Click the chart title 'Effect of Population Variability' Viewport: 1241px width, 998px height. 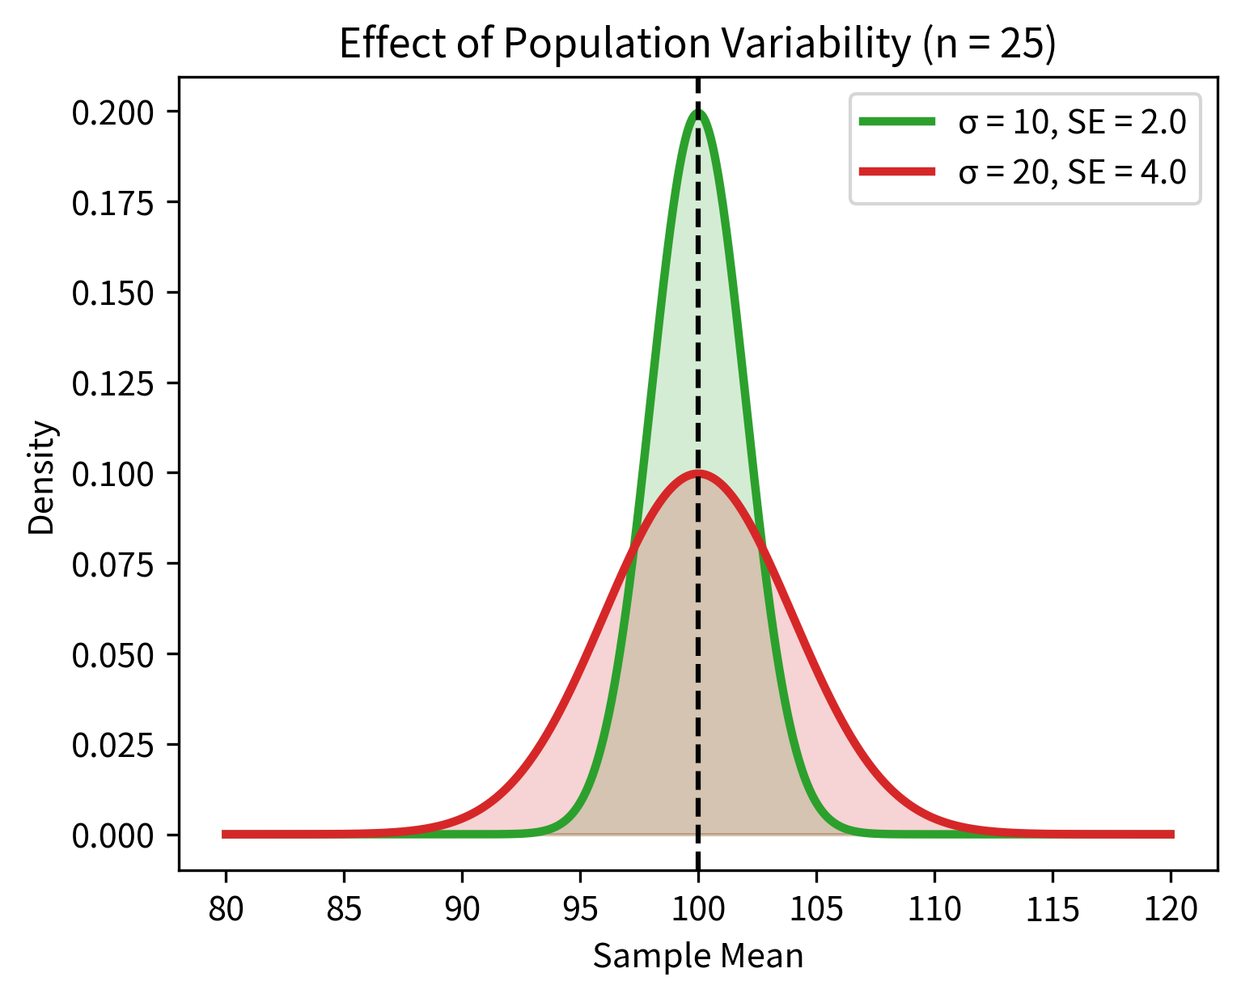[x=624, y=44]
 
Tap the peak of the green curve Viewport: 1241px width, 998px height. [x=698, y=112]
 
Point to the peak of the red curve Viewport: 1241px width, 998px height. [x=698, y=473]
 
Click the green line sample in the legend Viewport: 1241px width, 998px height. [x=897, y=122]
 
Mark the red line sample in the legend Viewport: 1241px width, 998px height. [x=897, y=171]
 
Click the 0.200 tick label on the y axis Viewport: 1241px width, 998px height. [x=112, y=112]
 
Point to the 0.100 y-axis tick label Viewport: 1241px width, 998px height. [x=112, y=474]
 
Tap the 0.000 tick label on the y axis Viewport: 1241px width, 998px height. [x=112, y=835]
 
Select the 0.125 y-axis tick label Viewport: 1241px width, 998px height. [x=112, y=383]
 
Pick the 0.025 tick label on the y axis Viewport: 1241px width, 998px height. [x=112, y=745]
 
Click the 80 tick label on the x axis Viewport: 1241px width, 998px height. [x=226, y=910]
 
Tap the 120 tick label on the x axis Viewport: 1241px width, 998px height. [x=1171, y=910]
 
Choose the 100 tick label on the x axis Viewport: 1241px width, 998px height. [x=698, y=910]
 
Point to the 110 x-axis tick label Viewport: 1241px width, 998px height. [x=934, y=910]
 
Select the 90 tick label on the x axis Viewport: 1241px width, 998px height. [x=462, y=910]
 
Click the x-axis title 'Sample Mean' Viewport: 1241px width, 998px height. [x=698, y=957]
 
